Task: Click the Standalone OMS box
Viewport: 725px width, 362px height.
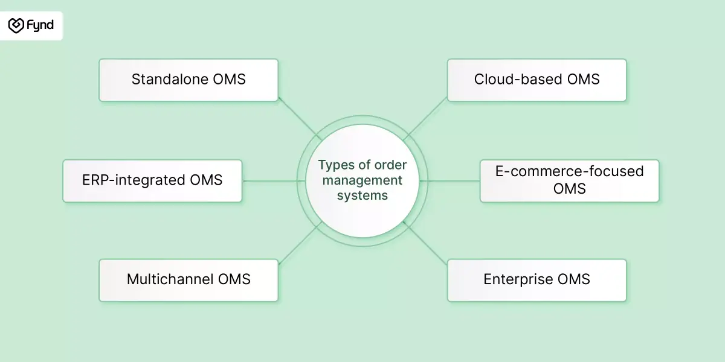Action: coord(188,80)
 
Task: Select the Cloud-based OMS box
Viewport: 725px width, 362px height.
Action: coord(536,80)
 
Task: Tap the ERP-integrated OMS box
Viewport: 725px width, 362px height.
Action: coord(152,180)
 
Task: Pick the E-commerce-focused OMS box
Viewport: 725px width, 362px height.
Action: coord(569,180)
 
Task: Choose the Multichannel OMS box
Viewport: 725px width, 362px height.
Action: coord(188,280)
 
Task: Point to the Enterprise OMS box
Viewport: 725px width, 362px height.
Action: coord(536,280)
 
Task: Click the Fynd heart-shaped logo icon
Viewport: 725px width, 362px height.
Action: coord(16,25)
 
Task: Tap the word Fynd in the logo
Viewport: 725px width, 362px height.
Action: coord(40,25)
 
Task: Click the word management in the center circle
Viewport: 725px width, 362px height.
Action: coord(362,180)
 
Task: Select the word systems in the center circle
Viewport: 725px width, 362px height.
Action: coord(362,195)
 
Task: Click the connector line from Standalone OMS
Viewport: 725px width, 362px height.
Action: coord(300,118)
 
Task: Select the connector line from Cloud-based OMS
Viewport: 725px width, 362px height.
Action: coord(425,118)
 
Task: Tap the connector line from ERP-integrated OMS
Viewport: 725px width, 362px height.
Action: coord(274,181)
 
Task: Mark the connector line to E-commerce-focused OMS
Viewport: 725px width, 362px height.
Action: coord(449,181)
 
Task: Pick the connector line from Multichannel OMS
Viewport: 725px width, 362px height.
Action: coord(300,243)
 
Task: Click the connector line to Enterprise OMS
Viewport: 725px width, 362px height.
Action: coord(425,243)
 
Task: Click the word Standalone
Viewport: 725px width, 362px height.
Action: coord(170,79)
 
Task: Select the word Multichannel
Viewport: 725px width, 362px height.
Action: coord(170,279)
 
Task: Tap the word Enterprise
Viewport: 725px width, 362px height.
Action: coord(518,279)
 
